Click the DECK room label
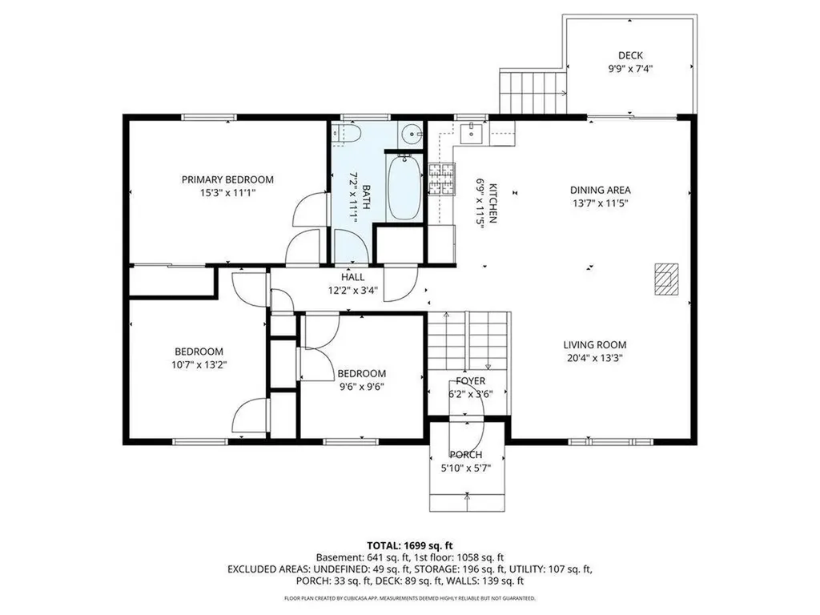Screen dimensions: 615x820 [x=630, y=55]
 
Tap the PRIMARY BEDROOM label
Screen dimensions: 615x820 [x=227, y=179]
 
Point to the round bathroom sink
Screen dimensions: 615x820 [x=409, y=134]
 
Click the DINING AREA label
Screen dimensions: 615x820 [x=600, y=190]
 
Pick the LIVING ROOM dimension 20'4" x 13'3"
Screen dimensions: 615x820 [x=594, y=358]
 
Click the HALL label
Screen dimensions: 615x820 [x=352, y=277]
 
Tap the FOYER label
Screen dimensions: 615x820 [x=470, y=380]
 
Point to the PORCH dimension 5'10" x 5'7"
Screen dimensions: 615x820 [x=468, y=468]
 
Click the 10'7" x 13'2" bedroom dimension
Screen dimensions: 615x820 [x=199, y=364]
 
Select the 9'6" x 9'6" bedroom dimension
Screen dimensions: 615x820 [x=361, y=387]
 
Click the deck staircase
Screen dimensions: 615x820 [x=533, y=92]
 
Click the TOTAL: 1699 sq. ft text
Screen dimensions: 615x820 [x=410, y=543]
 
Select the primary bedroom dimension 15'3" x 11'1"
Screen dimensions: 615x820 [x=227, y=192]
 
